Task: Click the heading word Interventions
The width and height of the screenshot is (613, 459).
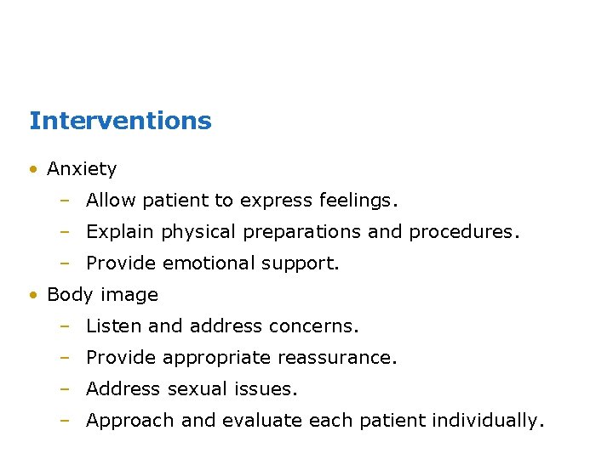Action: (x=120, y=121)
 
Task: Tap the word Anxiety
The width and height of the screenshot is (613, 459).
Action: (x=82, y=169)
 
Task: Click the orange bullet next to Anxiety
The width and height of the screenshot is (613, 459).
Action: (x=32, y=169)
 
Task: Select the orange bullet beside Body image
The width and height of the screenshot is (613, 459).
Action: (x=32, y=295)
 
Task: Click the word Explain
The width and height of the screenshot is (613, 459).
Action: (x=121, y=232)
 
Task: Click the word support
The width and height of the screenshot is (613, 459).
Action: (x=304, y=264)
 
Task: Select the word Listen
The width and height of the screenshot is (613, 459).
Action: (x=115, y=326)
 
